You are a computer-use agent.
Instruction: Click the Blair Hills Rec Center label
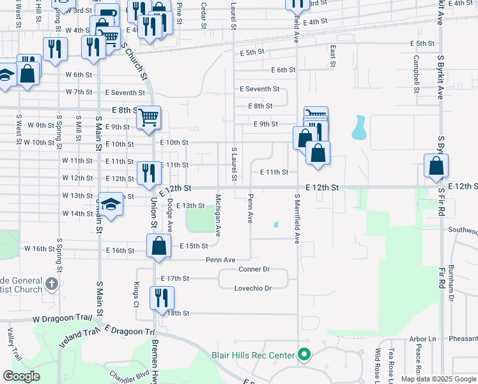click(253, 355)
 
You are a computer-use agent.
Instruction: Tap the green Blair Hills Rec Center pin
click(304, 355)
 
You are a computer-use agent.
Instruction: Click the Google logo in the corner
click(21, 376)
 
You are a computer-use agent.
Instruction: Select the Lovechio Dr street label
click(256, 289)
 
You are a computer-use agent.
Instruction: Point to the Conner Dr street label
click(254, 269)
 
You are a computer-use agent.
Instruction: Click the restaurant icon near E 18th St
click(162, 298)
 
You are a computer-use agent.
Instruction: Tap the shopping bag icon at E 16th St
click(158, 246)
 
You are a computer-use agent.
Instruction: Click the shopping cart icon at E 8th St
click(148, 118)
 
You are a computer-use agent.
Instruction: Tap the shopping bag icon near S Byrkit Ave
click(436, 166)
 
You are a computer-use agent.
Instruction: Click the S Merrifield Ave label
click(297, 219)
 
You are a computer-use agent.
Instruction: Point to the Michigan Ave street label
click(219, 215)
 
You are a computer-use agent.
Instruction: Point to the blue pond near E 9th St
click(358, 128)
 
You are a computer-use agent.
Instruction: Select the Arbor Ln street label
click(422, 339)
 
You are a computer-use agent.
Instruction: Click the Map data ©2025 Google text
click(438, 379)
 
